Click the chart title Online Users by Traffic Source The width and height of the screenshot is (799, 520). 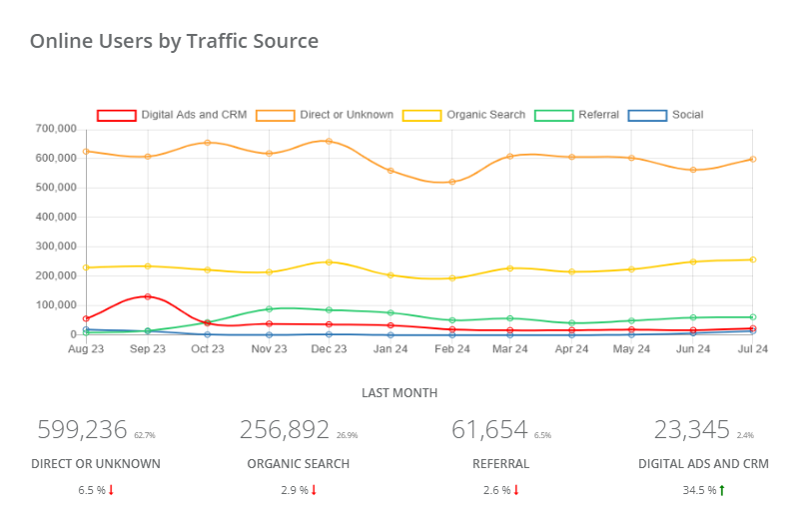(x=174, y=41)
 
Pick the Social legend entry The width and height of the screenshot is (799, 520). (x=666, y=115)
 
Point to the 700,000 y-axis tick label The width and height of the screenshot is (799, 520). (x=57, y=129)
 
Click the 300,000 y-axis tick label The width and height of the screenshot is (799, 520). (x=57, y=247)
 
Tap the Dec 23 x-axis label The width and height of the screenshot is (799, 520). (x=329, y=349)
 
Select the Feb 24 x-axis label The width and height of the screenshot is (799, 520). (x=451, y=349)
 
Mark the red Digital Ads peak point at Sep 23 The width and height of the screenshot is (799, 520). (x=148, y=296)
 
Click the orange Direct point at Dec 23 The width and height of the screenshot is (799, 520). (x=329, y=141)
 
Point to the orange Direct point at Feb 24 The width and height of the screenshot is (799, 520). (x=451, y=182)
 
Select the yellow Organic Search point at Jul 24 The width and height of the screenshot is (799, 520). (x=752, y=260)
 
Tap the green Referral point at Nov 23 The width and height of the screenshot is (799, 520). (x=269, y=309)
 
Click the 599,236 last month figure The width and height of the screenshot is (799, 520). (x=82, y=430)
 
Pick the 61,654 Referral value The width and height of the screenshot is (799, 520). (x=489, y=430)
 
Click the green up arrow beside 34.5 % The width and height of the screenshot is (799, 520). (x=721, y=490)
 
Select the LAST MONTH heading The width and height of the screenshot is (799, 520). (x=399, y=393)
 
